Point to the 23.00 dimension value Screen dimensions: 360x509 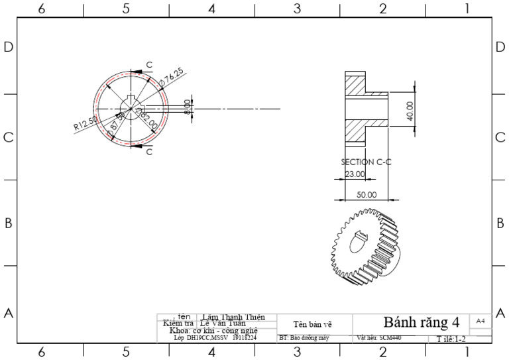[x=355, y=174]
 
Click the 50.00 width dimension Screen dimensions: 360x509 [x=367, y=195]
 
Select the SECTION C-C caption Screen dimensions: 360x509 [x=367, y=162]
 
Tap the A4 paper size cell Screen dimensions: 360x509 [x=481, y=320]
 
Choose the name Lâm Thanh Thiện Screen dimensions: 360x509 [x=233, y=317]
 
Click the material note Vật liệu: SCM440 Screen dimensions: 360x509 [x=379, y=337]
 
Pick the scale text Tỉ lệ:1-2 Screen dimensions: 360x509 [x=451, y=339]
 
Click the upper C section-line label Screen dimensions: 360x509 [x=149, y=64]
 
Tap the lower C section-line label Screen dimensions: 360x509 [x=149, y=152]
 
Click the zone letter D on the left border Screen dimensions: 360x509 [x=9, y=48]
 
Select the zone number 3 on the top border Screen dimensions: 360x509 [x=297, y=9]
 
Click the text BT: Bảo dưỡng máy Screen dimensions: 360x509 [x=304, y=337]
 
